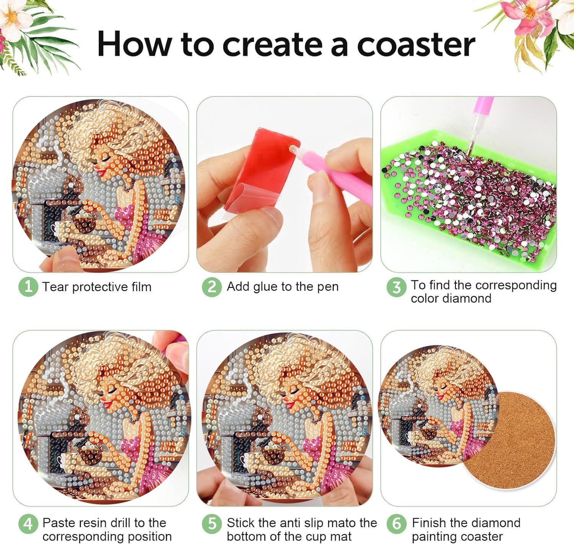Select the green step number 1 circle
coord(28,287)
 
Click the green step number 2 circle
coord(212,287)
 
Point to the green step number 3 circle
coord(396,287)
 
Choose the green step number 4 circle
coord(28,524)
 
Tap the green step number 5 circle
coord(212,524)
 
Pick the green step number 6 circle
coord(396,524)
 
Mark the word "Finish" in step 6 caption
coord(429,523)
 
